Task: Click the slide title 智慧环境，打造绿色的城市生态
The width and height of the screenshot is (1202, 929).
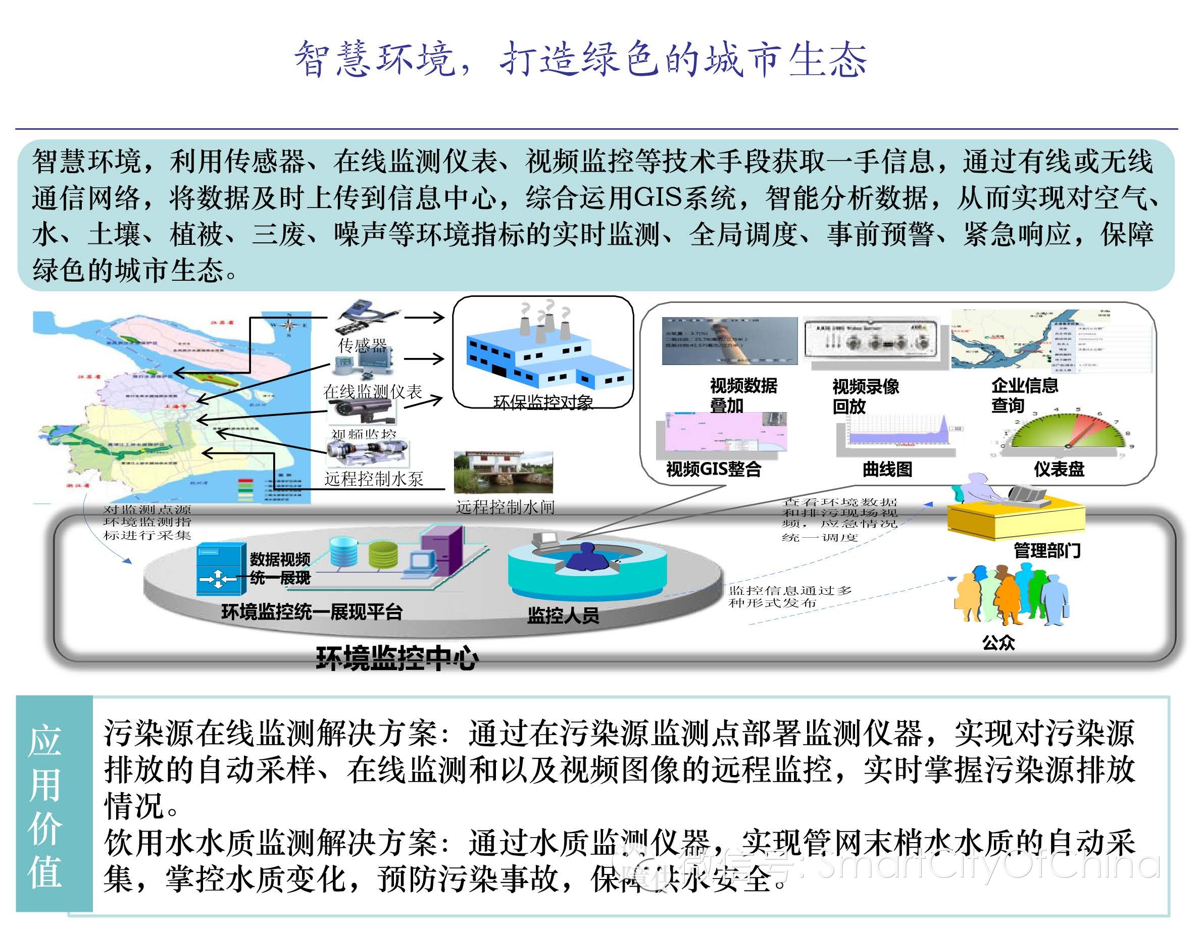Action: pyautogui.click(x=580, y=59)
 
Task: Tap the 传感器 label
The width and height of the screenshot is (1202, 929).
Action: pyautogui.click(x=362, y=346)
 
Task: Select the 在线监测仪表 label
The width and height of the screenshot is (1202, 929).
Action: pyautogui.click(x=373, y=391)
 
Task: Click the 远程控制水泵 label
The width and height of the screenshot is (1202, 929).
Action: pyautogui.click(x=374, y=479)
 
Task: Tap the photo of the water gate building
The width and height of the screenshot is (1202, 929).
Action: pyautogui.click(x=503, y=472)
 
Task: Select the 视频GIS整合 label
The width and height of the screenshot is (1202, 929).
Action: pyautogui.click(x=713, y=469)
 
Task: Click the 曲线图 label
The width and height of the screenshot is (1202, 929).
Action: pyautogui.click(x=887, y=469)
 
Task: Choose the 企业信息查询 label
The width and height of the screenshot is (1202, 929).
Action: pyautogui.click(x=1024, y=395)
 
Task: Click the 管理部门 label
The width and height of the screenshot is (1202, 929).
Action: pyautogui.click(x=1047, y=550)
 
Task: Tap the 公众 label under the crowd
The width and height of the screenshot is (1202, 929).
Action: pyautogui.click(x=998, y=642)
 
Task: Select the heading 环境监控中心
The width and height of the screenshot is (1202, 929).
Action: pyautogui.click(x=397, y=658)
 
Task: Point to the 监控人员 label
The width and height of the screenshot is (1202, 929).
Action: pyautogui.click(x=563, y=615)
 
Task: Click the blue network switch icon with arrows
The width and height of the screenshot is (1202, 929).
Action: pyautogui.click(x=221, y=569)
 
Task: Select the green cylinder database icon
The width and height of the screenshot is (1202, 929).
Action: pyautogui.click(x=383, y=554)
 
